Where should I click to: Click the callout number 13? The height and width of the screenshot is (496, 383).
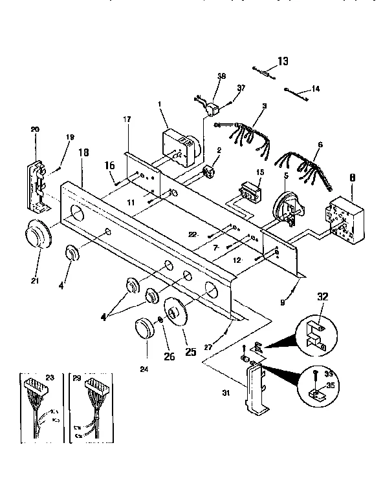(283, 61)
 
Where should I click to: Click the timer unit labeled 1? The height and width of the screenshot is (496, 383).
(179, 146)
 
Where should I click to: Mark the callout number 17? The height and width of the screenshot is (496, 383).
(127, 119)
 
